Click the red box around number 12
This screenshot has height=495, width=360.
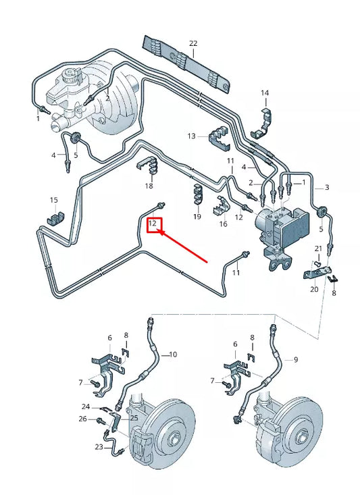155,223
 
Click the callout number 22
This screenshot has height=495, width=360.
193,43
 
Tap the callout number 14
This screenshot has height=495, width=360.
265,93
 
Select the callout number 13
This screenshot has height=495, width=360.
192,136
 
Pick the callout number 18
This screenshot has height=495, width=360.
149,186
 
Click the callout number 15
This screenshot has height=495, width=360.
54,200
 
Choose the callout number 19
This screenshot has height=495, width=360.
197,217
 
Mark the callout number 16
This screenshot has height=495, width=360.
223,224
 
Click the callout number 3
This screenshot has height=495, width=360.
327,187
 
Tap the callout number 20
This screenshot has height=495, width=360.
313,289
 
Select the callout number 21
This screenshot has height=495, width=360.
317,249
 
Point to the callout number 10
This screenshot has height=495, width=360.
172,354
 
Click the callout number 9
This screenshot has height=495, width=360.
295,359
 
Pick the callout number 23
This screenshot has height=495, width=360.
99,447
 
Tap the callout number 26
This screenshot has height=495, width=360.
83,419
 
